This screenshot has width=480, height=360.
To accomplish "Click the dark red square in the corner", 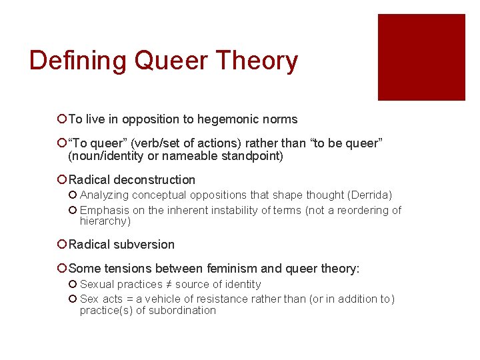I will pos(421,57).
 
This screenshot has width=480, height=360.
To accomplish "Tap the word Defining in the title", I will pos(78,61).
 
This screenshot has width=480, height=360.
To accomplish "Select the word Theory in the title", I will pos(259,61).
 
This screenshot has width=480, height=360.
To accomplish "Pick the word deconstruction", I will pos(155,180).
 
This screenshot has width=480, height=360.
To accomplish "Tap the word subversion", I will pos(144,245).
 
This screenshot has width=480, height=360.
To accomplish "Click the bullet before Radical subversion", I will pos(61,245).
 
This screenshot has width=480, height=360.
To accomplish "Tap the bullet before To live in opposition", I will pos(61,119).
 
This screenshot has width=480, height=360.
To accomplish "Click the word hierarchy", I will pos(103,221).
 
